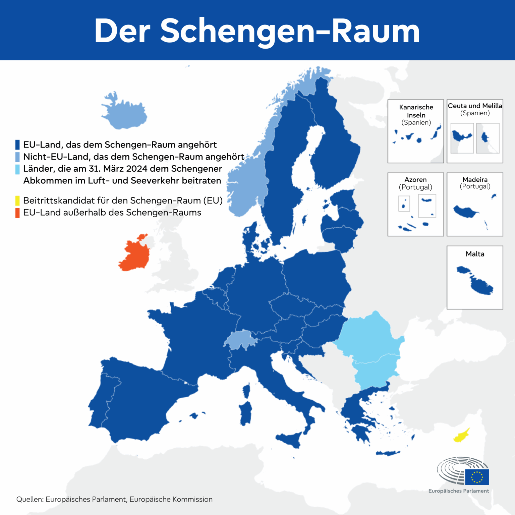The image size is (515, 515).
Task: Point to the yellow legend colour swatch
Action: [17, 201]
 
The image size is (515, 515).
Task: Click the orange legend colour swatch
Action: [17, 213]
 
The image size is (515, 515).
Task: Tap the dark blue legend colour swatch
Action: [17, 145]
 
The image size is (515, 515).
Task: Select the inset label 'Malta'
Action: [475, 254]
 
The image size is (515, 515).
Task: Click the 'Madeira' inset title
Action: [475, 179]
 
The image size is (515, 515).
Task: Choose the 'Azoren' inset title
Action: [415, 179]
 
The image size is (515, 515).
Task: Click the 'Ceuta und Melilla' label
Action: [475, 106]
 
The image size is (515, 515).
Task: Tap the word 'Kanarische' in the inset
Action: [416, 107]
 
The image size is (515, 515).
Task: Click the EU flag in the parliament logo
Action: [477, 477]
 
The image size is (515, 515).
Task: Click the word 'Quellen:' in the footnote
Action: [30, 499]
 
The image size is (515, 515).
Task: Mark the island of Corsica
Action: [246, 391]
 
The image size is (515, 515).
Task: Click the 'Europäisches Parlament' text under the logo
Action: [458, 491]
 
